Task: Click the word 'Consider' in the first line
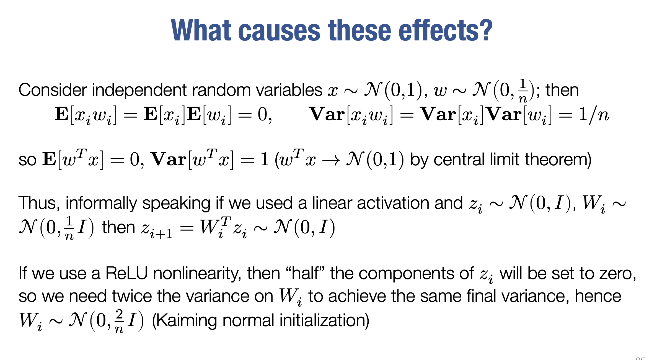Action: (53, 90)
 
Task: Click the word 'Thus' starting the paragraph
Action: (37, 203)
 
